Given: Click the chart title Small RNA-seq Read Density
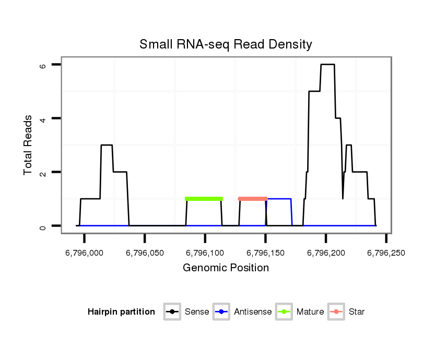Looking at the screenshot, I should tap(226, 44).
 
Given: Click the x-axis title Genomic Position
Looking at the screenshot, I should tap(226, 268).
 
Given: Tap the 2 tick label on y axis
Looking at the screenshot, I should tap(42, 172).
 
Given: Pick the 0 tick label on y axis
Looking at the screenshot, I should tap(42, 226).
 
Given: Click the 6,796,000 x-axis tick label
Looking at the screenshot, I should tap(85, 253).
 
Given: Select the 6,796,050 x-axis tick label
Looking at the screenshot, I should tap(145, 253).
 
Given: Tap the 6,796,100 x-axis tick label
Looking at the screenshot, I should tap(205, 253).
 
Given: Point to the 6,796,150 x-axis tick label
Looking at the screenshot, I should tap(265, 253).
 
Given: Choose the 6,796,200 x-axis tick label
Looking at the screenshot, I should tap(326, 253).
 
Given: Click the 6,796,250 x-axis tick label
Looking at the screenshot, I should tap(386, 253).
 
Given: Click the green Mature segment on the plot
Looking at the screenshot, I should tap(204, 199).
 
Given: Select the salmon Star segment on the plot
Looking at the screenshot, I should tap(253, 199).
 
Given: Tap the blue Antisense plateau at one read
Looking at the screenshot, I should tap(279, 199).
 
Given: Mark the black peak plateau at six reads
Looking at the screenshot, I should tap(327, 65).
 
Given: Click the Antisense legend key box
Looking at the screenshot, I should tap(222, 312).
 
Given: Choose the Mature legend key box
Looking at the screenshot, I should tap(284, 312).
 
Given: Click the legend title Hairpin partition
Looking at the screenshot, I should tap(121, 312).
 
